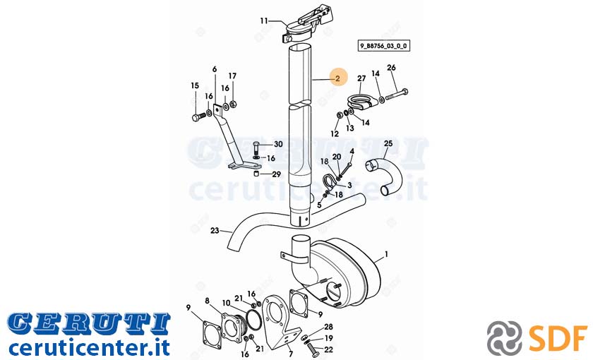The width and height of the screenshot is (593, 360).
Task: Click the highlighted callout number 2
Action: click(x=337, y=78)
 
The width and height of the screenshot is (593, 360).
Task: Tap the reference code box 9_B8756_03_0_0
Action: click(x=383, y=46)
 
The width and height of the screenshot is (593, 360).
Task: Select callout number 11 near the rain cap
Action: click(x=263, y=20)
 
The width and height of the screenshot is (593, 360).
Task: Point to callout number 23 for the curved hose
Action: click(x=215, y=230)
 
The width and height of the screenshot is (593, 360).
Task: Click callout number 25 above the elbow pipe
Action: click(x=388, y=144)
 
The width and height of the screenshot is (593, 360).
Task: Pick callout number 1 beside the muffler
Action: click(x=386, y=255)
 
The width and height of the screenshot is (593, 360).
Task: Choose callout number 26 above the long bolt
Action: click(x=391, y=68)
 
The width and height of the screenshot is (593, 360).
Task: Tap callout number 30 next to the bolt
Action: click(x=278, y=144)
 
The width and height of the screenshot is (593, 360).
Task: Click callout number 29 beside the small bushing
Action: click(x=277, y=174)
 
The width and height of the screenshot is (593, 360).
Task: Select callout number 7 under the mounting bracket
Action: click(x=290, y=354)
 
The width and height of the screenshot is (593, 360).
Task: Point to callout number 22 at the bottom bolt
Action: click(x=329, y=350)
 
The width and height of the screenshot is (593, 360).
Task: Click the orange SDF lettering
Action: click(x=558, y=337)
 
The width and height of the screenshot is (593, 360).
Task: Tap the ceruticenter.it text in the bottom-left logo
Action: click(x=88, y=348)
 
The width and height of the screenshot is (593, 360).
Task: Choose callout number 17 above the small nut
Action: click(x=232, y=76)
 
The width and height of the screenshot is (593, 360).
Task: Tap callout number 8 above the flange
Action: click(x=207, y=301)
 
